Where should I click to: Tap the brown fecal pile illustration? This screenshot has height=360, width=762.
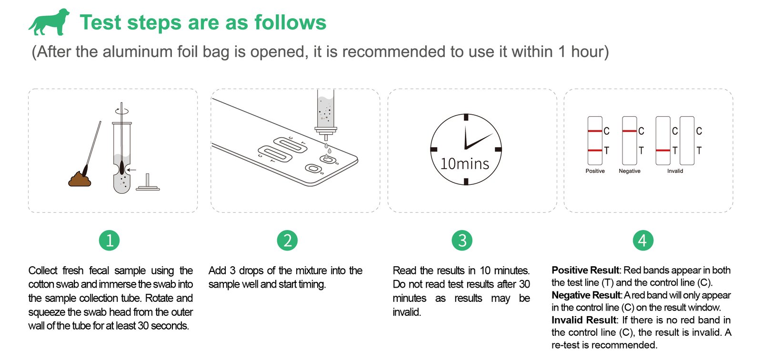pos(80,179)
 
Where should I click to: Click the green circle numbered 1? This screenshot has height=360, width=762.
pos(109,240)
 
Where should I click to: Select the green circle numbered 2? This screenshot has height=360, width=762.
pos(287,240)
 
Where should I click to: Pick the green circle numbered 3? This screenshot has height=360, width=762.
pos(462,240)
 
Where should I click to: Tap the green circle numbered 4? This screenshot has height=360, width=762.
pos(643,240)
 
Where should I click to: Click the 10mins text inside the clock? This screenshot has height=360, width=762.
pos(465,164)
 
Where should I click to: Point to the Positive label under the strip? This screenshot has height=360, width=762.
pos(595,171)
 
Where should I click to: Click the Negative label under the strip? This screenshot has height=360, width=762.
pos(629,171)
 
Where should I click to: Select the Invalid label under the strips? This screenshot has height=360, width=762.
pos(675,171)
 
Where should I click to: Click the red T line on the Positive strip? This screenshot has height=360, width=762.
pos(595,150)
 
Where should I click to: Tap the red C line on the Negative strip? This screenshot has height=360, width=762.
pos(629,131)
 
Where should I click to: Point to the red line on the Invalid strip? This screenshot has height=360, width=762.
pos(663,150)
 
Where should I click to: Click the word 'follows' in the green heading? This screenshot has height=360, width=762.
pos(291,22)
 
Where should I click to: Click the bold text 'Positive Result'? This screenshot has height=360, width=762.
pos(585,270)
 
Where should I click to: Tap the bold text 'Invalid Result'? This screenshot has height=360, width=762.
pos(584,320)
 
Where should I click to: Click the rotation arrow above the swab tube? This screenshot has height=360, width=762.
pos(122,111)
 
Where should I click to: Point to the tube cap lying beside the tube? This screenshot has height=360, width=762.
pos(148,182)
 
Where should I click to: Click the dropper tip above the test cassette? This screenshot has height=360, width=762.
pos(326,137)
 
